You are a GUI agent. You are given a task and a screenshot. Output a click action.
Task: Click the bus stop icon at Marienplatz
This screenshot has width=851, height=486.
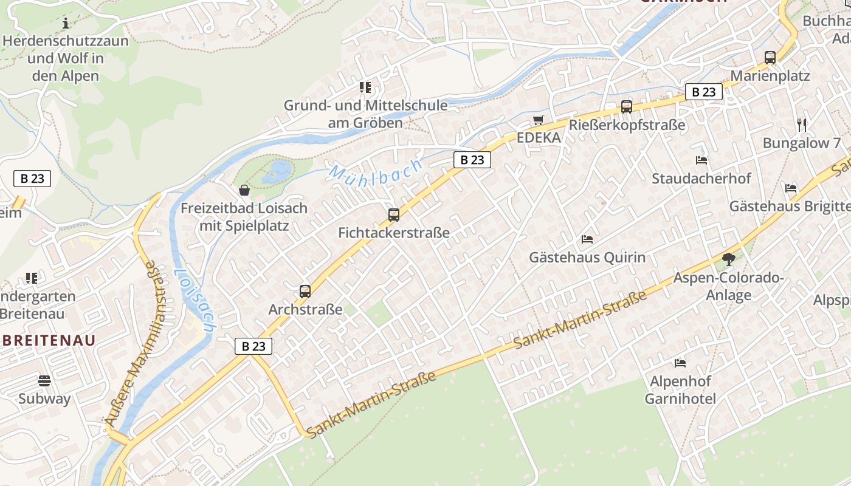(770, 58)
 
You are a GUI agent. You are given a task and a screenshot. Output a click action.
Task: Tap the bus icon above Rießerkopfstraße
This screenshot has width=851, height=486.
(627, 107)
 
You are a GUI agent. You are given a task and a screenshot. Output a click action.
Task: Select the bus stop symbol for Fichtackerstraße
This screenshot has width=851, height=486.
(394, 214)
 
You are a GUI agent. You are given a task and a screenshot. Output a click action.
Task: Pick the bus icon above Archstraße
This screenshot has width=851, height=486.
(305, 292)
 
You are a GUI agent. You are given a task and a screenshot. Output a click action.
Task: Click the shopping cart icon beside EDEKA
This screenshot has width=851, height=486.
(538, 120)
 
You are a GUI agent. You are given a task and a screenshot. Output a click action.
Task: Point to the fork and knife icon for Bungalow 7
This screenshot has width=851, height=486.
(802, 125)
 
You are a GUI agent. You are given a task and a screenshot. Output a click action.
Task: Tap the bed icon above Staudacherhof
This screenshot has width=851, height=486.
(701, 160)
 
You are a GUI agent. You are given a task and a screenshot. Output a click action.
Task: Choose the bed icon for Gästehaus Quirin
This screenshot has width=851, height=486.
(587, 239)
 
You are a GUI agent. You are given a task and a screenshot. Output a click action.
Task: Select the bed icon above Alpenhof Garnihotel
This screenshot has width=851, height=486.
(680, 363)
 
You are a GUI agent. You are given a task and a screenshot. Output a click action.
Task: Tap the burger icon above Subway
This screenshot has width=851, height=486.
(44, 381)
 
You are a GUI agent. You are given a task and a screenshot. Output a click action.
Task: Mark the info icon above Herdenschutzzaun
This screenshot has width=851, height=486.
(66, 24)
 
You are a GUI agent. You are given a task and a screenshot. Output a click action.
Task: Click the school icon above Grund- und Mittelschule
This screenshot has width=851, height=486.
(365, 87)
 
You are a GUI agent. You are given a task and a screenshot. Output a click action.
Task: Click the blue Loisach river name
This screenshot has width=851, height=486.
(194, 300)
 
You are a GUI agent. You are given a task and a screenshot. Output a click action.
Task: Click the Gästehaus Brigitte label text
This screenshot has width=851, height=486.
(790, 206)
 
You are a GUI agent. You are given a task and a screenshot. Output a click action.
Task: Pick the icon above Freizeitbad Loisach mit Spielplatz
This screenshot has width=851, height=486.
(244, 191)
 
